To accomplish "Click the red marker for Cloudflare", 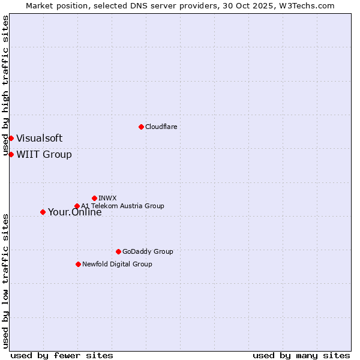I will (x=141, y=127).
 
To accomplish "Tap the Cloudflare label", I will (x=161, y=127).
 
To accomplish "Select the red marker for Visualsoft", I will (x=11, y=138).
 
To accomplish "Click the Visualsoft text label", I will (x=39, y=138).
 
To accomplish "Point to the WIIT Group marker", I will (x=11, y=154).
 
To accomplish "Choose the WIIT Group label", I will (x=44, y=154).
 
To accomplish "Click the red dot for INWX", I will (x=94, y=198).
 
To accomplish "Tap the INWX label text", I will (x=107, y=198).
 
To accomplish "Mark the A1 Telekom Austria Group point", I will (x=77, y=206).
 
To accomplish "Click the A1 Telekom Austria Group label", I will (x=122, y=206).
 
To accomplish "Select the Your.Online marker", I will (x=43, y=212).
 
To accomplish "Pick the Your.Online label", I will (x=74, y=212).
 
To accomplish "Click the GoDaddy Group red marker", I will (x=118, y=251).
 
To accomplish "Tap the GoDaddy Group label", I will (x=148, y=251).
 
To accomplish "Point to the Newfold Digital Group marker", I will (x=78, y=264).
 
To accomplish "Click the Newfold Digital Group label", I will (x=117, y=264).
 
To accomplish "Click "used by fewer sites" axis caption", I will (x=62, y=355).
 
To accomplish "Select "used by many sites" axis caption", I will (x=301, y=355).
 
